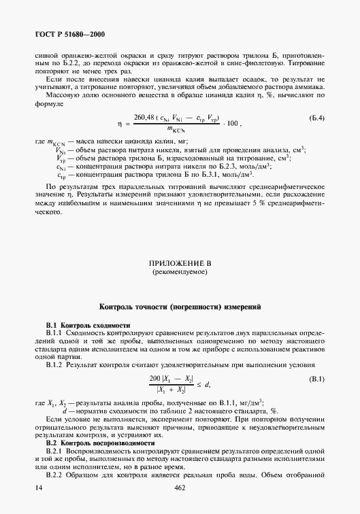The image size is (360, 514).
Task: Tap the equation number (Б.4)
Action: [315, 118]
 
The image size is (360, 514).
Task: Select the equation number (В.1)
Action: [315, 378]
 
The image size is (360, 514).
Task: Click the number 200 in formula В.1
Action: [154, 379]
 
